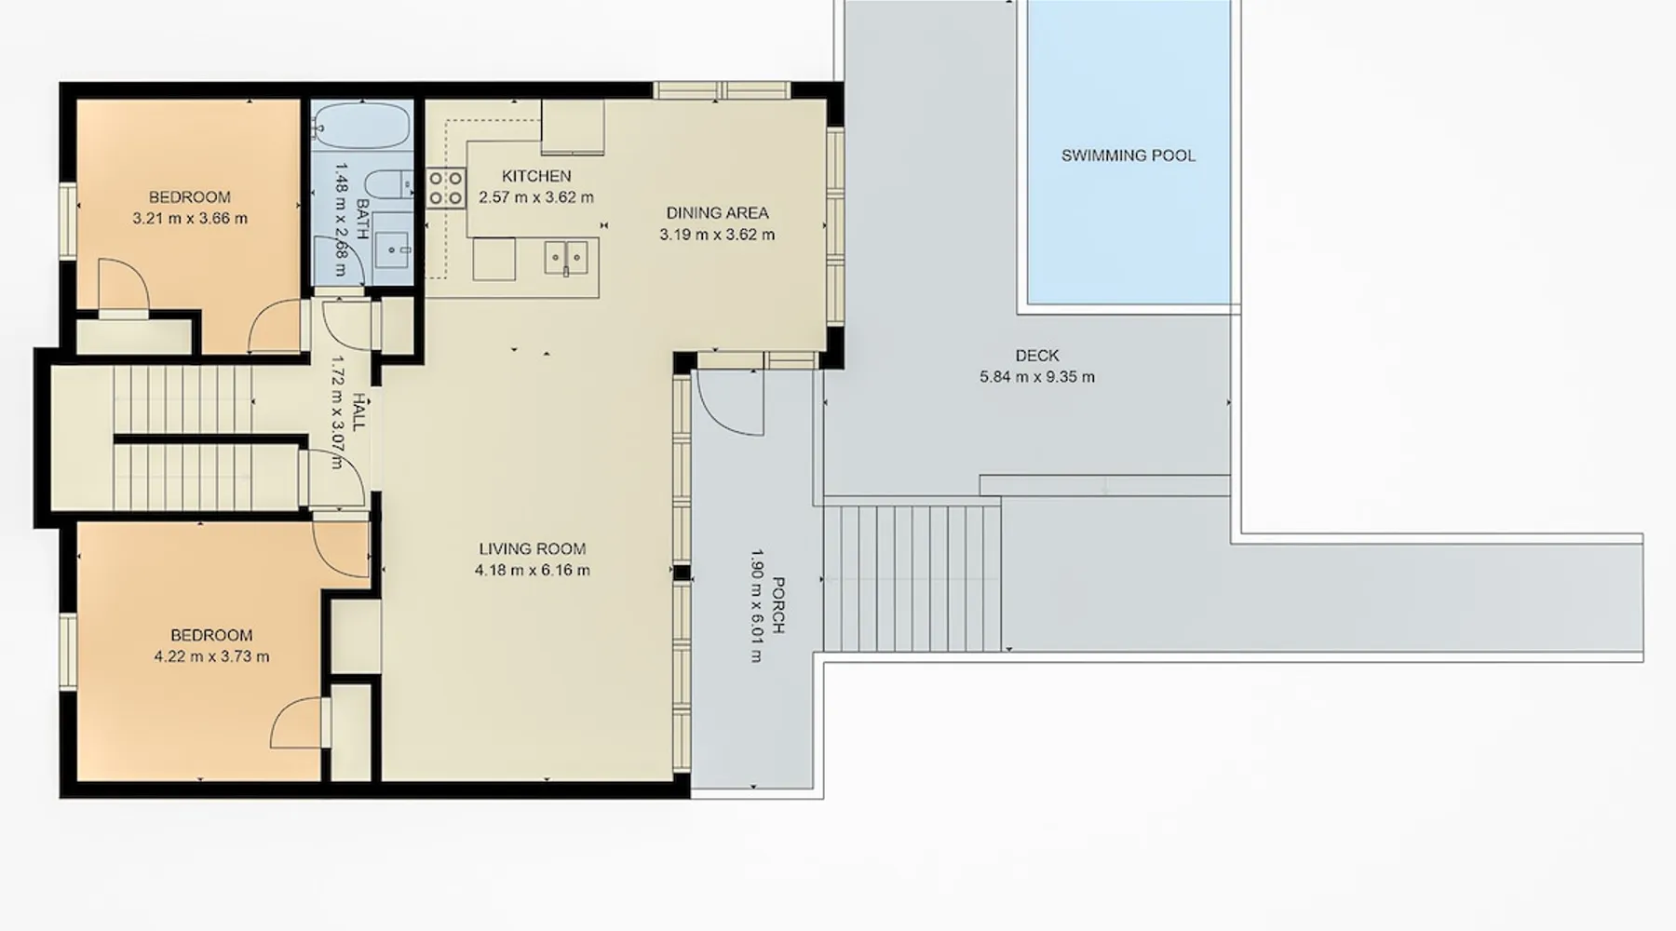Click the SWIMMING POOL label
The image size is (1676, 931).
1129,155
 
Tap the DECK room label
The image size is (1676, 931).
1037,356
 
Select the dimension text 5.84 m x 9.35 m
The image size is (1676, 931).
1037,377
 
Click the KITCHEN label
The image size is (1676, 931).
536,176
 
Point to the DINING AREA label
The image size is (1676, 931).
717,213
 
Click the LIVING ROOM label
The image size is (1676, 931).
533,549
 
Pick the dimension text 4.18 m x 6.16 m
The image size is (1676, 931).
533,571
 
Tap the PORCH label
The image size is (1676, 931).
778,605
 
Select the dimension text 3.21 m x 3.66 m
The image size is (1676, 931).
190,219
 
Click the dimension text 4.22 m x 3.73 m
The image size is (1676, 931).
211,656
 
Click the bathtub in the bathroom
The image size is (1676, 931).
360,126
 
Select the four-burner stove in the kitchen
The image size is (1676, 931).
446,187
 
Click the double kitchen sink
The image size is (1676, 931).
566,257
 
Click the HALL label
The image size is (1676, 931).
359,411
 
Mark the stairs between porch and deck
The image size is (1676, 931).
912,578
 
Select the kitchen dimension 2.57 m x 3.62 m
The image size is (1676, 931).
536,197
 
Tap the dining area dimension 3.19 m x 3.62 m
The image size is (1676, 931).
717,235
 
